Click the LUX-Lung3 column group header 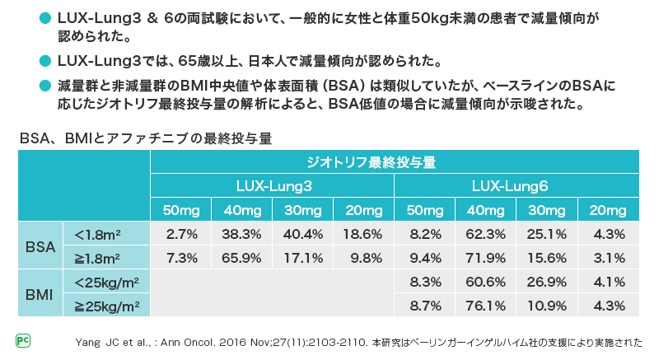click(272, 186)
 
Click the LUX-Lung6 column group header click(516, 186)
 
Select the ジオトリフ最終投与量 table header click(394, 161)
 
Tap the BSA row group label click(40, 245)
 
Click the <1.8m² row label click(106, 234)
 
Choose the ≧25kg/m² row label click(106, 306)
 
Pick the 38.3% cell click(241, 234)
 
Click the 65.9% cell click(241, 258)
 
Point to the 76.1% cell click(485, 306)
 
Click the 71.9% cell click(485, 258)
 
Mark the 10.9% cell click(546, 306)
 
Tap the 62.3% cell click(485, 234)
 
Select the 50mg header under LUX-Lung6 click(424, 209)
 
